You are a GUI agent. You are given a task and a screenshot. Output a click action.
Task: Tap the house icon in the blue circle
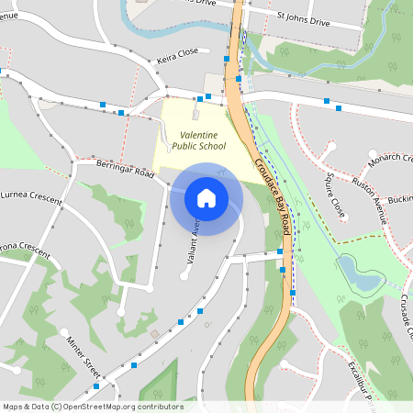tap(206, 198)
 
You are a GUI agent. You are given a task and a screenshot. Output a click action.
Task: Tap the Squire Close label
tap(336, 195)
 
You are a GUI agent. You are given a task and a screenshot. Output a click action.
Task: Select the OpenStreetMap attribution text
tap(93, 407)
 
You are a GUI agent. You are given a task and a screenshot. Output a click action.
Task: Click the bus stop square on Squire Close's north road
tap(340, 108)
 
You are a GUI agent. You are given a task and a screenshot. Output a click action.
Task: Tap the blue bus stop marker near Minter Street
tap(135, 365)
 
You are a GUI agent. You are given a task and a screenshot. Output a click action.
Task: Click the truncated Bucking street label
tap(400, 200)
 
